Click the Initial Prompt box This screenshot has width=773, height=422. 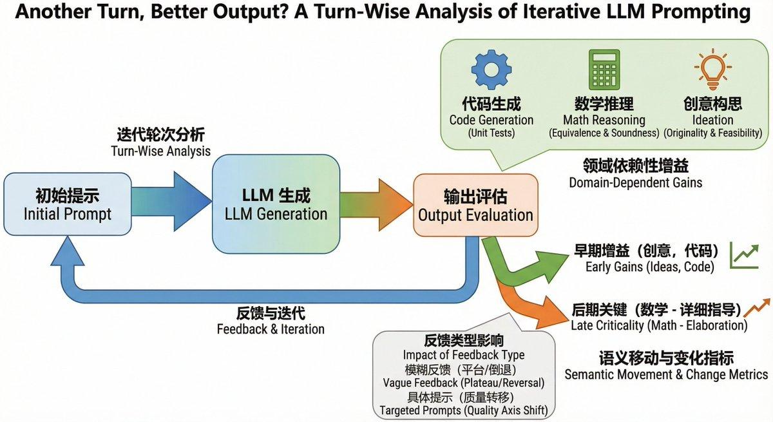coord(67,206)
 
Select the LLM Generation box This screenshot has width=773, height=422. coord(276,204)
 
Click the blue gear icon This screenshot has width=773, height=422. coord(491,70)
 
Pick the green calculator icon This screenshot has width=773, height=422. coord(604,70)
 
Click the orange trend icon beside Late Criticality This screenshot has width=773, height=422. coord(758,309)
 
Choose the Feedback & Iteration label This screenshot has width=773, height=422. coord(271,329)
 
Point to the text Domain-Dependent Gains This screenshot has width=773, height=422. coord(635,182)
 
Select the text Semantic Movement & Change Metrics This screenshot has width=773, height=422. coord(666,374)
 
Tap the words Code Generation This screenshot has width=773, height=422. coord(491,120)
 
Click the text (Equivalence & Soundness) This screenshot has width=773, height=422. coord(604,133)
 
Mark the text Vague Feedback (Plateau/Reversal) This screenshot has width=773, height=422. coord(463,382)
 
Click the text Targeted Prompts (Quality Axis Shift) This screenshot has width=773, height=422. coord(463,410)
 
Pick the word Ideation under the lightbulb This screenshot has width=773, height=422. coord(712,120)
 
